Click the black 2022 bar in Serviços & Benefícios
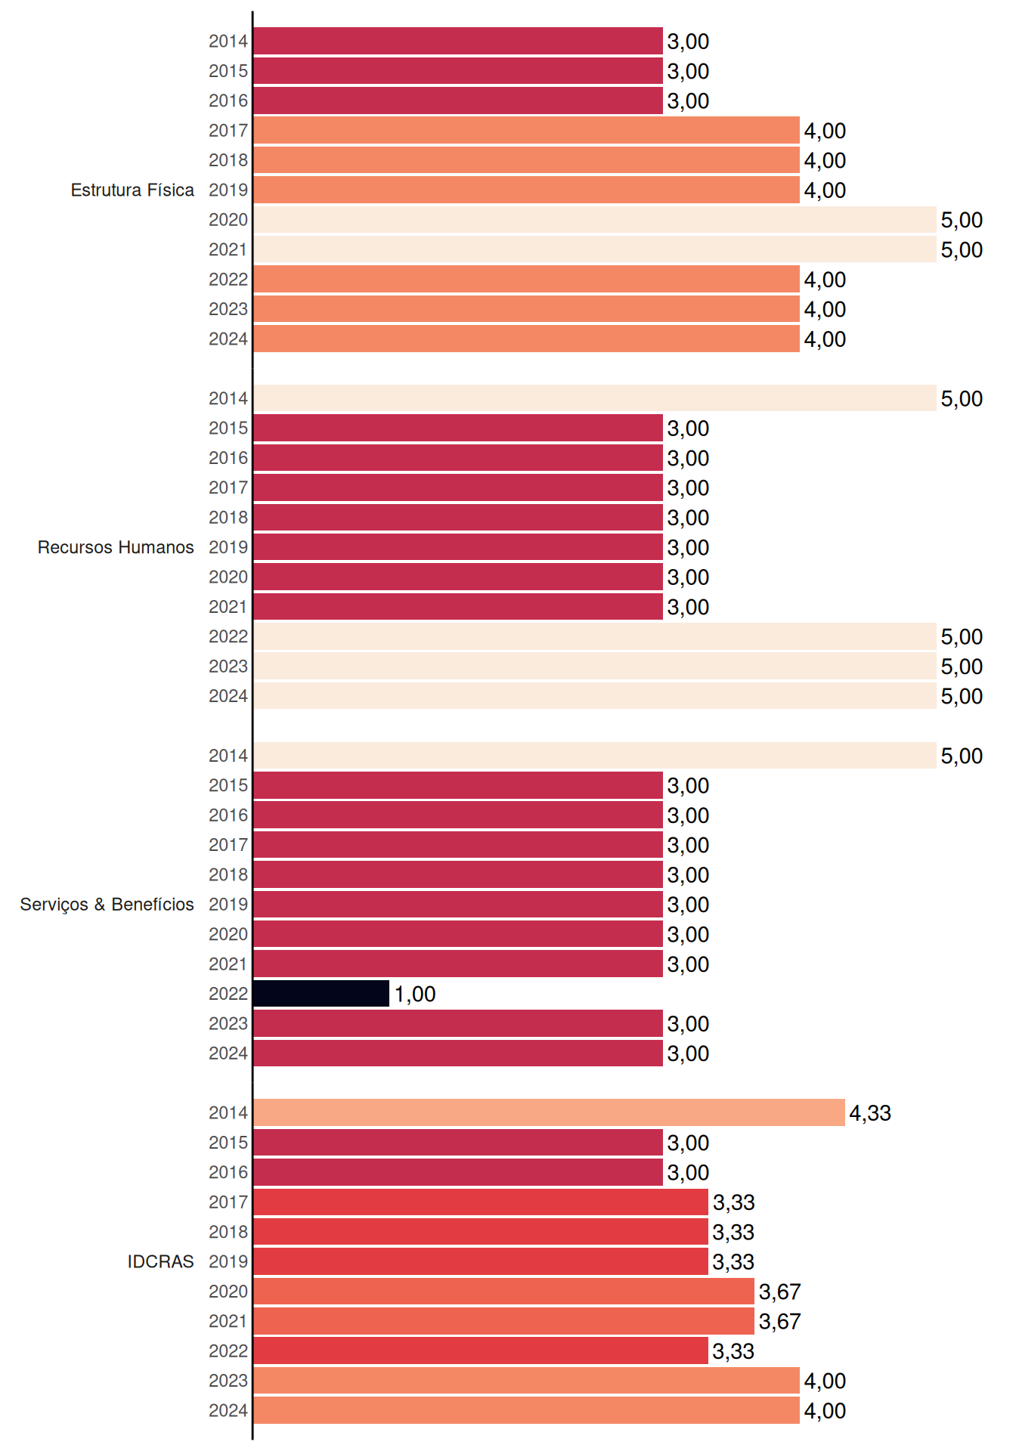pos(321,993)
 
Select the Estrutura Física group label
pos(132,190)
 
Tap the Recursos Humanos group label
pos(116,547)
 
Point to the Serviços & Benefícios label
pos(107,904)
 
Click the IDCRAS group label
pos(160,1261)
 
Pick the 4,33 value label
pos(870,1112)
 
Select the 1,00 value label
pos(415,994)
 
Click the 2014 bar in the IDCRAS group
pos(549,1112)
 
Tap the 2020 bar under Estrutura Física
pos(595,219)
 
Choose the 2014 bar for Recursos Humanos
pos(595,398)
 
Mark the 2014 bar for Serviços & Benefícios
pos(595,755)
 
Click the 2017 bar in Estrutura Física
pos(526,130)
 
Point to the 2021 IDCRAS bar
pos(503,1321)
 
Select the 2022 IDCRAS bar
pos(481,1350)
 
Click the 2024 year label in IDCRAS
pos(228,1410)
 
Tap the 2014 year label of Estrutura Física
pos(228,41)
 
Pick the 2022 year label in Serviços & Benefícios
pos(228,993)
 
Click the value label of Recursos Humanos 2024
pos(962,696)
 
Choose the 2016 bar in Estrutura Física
pos(458,101)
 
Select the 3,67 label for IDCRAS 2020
pos(779,1292)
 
